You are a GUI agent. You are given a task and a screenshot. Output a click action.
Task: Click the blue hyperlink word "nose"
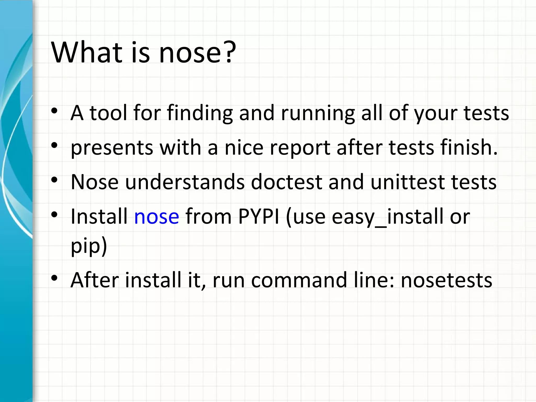[x=157, y=216]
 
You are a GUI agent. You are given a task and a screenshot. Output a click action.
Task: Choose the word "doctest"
[x=287, y=182]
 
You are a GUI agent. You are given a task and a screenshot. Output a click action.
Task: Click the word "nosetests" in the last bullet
[x=446, y=280]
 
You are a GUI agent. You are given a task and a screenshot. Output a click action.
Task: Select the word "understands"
[x=185, y=182]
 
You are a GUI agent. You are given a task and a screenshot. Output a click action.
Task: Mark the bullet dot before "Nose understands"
[x=54, y=180]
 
